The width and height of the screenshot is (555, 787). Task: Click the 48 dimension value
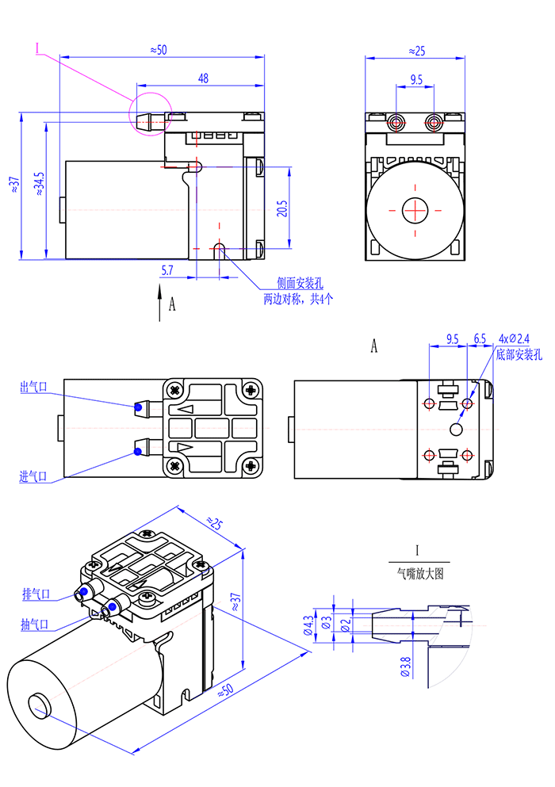pos(204,78)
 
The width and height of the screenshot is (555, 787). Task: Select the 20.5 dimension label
pos(281,208)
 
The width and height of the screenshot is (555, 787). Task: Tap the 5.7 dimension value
pos(166,270)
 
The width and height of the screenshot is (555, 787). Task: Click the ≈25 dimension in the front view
pos(416,51)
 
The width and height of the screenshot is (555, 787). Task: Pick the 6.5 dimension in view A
pos(480,338)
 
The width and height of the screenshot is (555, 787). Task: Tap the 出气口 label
pos(33,388)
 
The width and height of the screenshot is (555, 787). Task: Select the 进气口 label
pos(33,476)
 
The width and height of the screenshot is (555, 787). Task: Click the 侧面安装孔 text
pos(299,284)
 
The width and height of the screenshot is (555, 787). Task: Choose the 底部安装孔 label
pos(518,353)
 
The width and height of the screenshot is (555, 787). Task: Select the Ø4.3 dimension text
pos(308,626)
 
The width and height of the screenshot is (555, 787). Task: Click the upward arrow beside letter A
pos(160,304)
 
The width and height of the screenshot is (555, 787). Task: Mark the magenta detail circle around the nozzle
pos(150,113)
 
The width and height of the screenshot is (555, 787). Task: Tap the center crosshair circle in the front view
pos(415,210)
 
